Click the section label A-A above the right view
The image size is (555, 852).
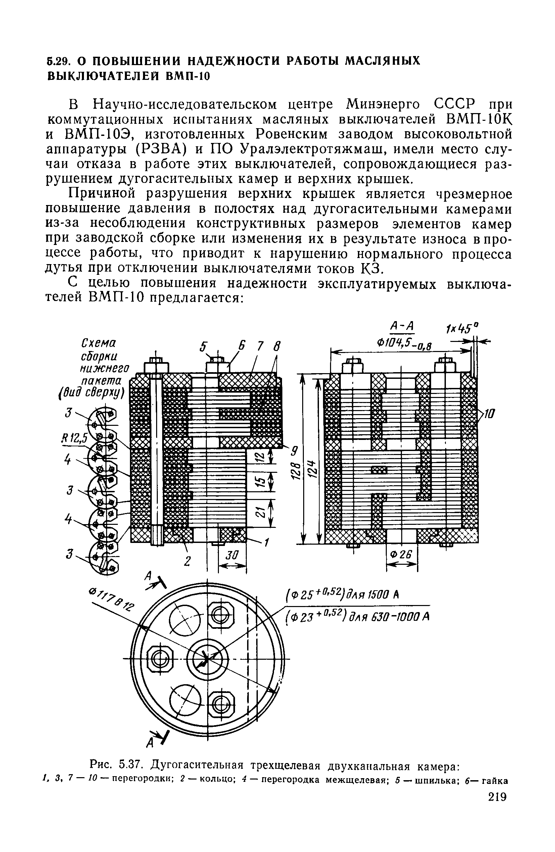pos(401,326)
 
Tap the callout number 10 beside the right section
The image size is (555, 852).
pos(489,414)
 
